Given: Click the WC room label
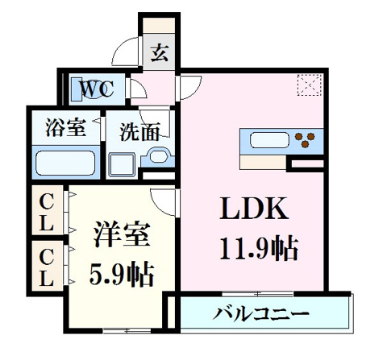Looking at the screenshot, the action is point(97,89).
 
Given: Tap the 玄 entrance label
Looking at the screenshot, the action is point(160,53).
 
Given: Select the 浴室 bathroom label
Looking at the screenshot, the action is point(66,127).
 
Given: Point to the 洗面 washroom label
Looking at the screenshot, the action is point(140,132).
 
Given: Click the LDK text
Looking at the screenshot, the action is point(254,209).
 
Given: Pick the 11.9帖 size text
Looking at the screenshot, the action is point(259,248).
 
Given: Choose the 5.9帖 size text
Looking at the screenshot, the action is point(122,275).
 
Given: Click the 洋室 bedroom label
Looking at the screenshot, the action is point(122,234).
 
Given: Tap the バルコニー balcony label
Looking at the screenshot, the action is point(261,313).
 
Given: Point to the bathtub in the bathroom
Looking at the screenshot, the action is point(65,163).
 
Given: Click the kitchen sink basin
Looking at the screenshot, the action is point(269,141).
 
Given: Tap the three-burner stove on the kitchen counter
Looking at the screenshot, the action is point(305,140).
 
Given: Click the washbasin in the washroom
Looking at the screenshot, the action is point(158,156).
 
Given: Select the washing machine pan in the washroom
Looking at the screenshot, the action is point(121,165).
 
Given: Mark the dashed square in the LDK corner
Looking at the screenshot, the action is point(310,85).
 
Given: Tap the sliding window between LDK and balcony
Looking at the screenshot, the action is point(257,294).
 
